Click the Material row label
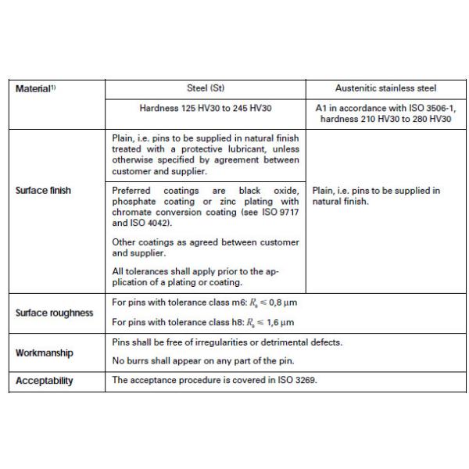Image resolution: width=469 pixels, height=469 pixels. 36,88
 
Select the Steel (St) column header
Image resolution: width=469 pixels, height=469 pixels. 205,88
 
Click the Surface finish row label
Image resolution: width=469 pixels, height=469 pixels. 42,190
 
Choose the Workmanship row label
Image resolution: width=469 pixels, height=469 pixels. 45,353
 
